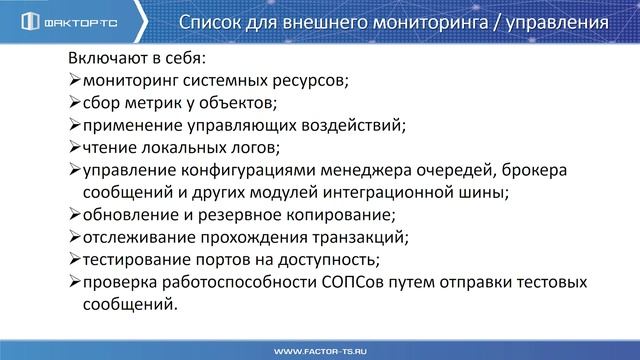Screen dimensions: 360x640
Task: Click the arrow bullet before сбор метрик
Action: pyautogui.click(x=75, y=102)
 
